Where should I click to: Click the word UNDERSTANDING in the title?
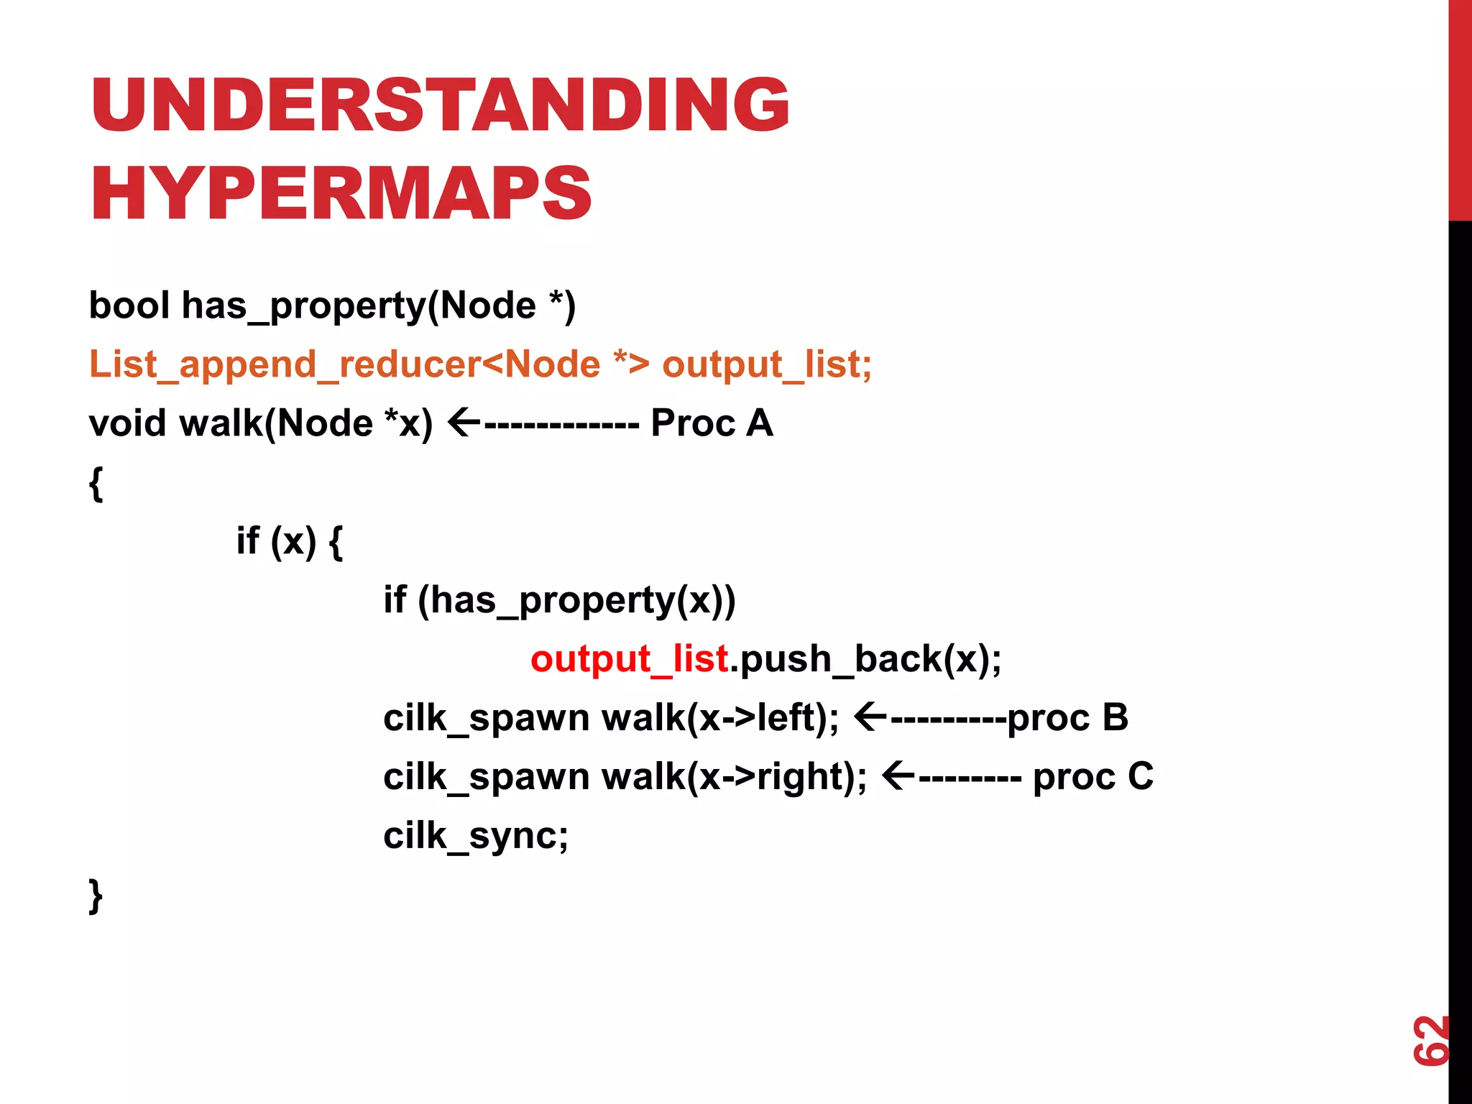(x=440, y=105)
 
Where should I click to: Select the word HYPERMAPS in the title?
(x=341, y=193)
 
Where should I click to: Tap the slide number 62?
(x=1430, y=1040)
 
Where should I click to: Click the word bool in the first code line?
(x=129, y=305)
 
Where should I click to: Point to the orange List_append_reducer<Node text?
(x=344, y=364)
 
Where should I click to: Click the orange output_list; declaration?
(x=766, y=364)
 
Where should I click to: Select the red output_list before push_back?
(x=629, y=659)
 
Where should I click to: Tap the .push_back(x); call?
(x=865, y=659)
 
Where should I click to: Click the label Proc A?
(x=712, y=423)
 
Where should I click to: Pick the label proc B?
(x=1067, y=718)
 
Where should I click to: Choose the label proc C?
(x=1092, y=777)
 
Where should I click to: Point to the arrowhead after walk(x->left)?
(x=870, y=717)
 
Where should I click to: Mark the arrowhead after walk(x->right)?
(x=898, y=776)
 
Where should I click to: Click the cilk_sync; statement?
(x=475, y=836)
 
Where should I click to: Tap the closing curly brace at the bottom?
(x=96, y=896)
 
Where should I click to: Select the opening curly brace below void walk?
(x=96, y=483)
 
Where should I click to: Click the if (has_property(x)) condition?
(x=559, y=600)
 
